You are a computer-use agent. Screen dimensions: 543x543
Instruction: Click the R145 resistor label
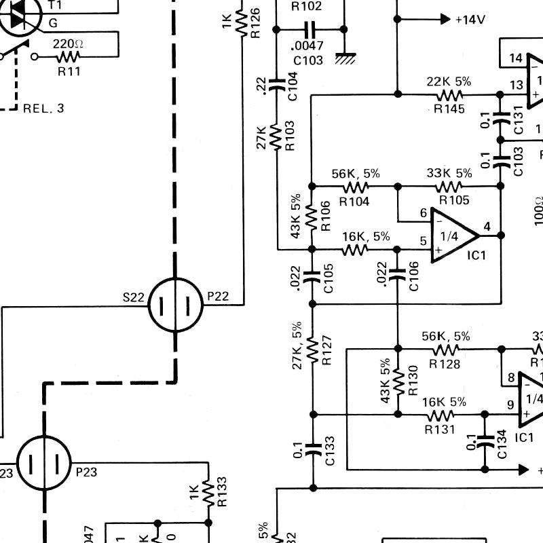449,108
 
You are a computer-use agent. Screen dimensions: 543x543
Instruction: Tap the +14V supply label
470,20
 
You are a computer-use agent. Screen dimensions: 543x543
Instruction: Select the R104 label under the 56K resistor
354,201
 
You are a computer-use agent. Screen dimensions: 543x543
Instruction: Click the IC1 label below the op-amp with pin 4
477,255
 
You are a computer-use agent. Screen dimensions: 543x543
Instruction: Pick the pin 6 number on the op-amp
424,214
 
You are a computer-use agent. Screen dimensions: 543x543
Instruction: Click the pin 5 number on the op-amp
424,240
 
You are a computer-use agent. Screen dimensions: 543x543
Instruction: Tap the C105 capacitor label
329,278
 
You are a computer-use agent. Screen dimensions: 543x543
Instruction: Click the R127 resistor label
327,351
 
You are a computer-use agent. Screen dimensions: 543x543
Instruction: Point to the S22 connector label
133,297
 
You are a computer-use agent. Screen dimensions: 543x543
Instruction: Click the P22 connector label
219,297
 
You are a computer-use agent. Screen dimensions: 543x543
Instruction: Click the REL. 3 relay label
44,108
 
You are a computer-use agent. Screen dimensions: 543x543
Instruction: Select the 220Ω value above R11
68,43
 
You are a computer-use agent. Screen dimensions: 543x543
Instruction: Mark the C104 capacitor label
293,89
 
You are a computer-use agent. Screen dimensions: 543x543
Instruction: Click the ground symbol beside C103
346,58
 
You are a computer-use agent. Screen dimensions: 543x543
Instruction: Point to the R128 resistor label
445,364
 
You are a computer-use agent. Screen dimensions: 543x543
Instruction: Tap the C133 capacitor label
329,450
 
